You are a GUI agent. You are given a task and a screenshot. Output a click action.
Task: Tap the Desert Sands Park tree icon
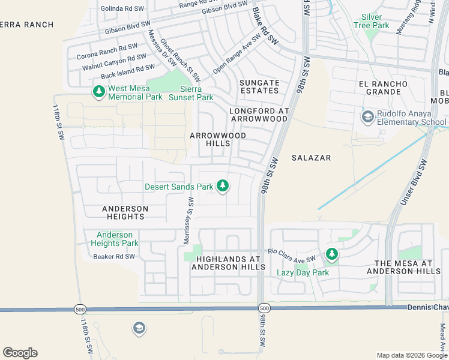(x=223, y=186)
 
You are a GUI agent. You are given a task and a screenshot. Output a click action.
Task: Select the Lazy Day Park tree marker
(x=331, y=254)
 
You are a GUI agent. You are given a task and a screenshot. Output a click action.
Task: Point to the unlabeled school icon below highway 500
(x=139, y=328)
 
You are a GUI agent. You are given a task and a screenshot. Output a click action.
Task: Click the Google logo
(x=20, y=353)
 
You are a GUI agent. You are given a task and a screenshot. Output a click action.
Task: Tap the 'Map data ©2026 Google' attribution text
(x=411, y=355)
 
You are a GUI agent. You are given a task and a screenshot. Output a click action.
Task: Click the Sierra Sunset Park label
(x=191, y=93)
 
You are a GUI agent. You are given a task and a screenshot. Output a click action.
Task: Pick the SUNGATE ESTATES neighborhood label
(x=259, y=86)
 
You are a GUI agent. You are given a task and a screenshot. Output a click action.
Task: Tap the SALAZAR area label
(x=311, y=157)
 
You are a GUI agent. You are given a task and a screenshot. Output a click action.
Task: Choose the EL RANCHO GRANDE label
(x=379, y=88)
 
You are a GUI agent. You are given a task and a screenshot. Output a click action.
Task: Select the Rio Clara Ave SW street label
(x=292, y=254)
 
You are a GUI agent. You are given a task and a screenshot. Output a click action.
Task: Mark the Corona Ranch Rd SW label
(x=107, y=51)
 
